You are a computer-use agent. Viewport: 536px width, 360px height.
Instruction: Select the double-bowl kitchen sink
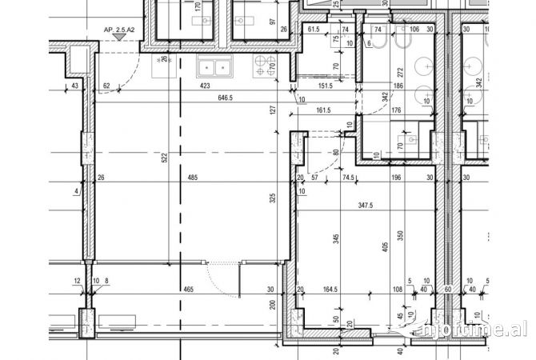tap(214, 69)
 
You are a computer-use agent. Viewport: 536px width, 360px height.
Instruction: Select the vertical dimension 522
tap(164, 158)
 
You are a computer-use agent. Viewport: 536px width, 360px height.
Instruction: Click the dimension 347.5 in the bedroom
tap(368, 206)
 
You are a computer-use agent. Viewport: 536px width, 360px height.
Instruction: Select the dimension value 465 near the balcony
tap(189, 290)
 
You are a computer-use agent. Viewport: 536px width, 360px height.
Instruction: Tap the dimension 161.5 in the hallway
tap(322, 111)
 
